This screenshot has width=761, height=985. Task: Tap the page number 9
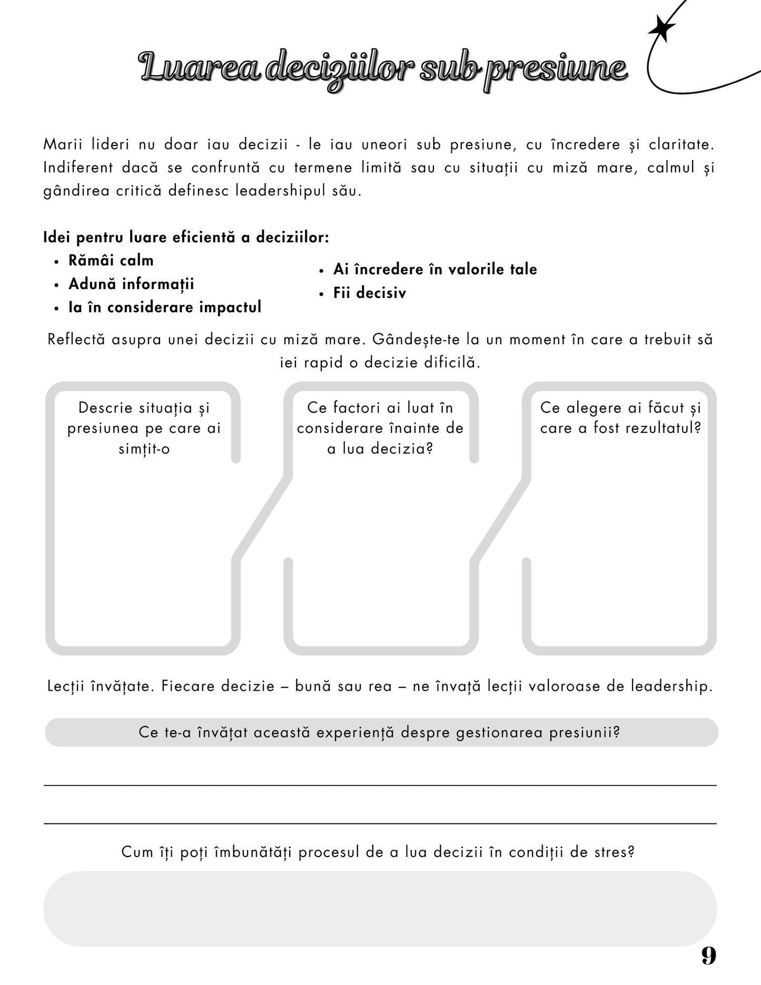click(709, 956)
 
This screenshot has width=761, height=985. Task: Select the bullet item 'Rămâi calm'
click(111, 261)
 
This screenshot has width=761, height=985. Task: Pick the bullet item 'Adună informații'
click(131, 284)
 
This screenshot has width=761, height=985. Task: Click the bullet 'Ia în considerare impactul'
click(165, 307)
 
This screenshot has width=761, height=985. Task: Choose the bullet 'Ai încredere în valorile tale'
click(435, 270)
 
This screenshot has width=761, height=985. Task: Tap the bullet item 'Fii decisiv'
click(370, 293)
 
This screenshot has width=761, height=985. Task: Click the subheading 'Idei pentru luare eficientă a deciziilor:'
click(186, 237)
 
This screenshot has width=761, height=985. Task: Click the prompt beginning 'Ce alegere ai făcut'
click(620, 417)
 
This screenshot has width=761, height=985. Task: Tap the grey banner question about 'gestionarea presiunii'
click(380, 732)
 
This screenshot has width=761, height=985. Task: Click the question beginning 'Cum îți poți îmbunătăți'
click(378, 852)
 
